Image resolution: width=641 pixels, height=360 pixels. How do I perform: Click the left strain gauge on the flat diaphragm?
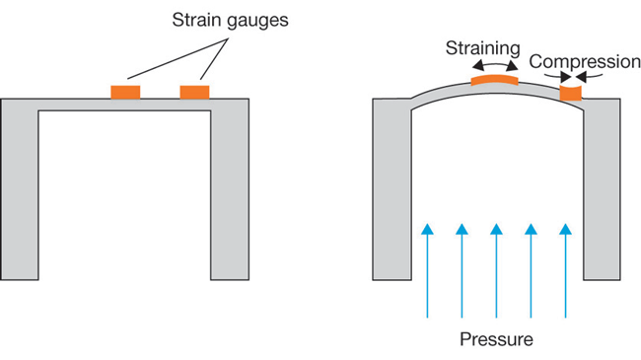125,92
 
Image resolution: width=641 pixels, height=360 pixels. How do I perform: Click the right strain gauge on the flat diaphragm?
194,92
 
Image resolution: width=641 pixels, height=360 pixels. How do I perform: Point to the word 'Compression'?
584,62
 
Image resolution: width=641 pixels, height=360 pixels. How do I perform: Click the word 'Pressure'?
497,340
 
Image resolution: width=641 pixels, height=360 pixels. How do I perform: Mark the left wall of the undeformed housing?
19,197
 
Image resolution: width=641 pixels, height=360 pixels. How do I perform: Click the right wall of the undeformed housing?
230,197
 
